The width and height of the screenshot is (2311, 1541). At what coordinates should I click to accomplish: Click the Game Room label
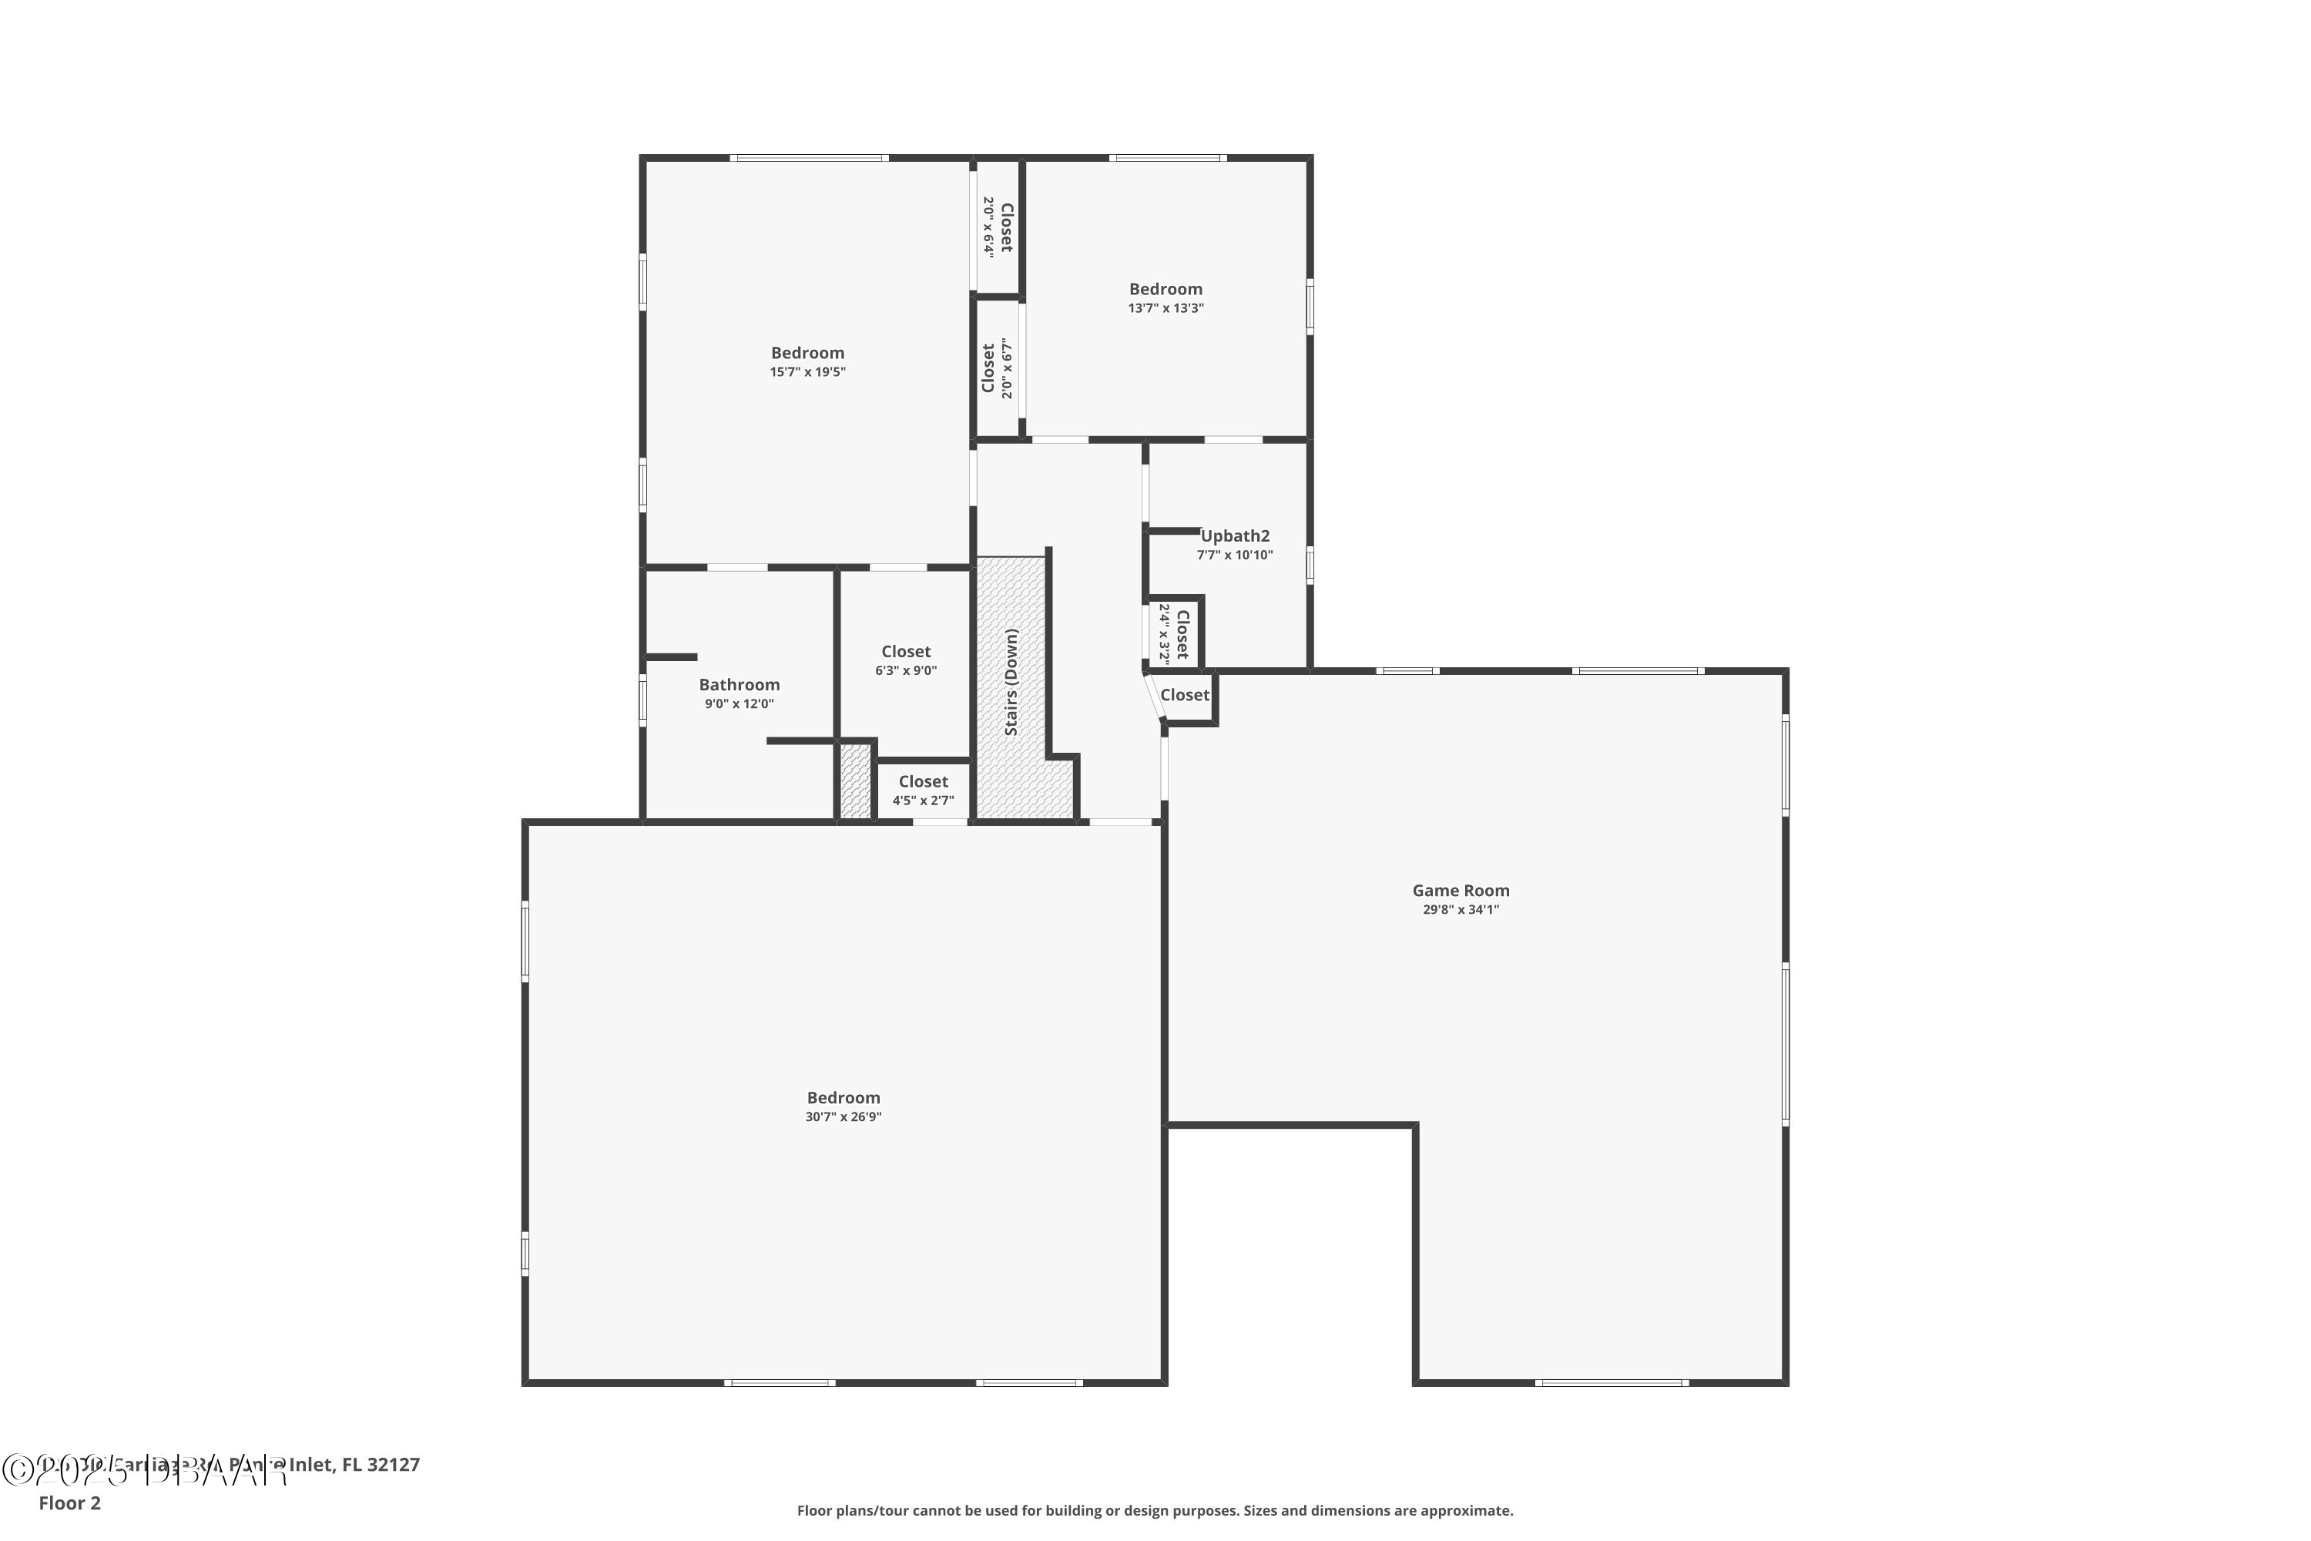click(x=1460, y=891)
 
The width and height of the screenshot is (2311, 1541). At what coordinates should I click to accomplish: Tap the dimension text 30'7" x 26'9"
click(x=843, y=1116)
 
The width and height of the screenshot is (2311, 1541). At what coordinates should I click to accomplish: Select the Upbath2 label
click(x=1234, y=535)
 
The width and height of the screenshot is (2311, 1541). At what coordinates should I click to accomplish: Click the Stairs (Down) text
click(x=1011, y=682)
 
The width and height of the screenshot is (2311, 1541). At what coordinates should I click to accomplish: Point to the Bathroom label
click(x=739, y=685)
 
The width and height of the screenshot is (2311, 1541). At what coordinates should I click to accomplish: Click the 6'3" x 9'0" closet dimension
click(x=905, y=671)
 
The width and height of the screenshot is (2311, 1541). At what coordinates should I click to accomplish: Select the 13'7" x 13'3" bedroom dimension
click(x=1166, y=307)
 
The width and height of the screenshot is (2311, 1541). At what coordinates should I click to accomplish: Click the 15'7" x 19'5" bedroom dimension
click(x=807, y=371)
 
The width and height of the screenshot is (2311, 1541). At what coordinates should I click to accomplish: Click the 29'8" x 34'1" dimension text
click(x=1460, y=910)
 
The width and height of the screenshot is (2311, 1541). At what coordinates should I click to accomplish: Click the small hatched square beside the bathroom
click(x=855, y=781)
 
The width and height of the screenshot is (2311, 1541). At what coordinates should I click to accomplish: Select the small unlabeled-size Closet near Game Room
click(x=1184, y=695)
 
